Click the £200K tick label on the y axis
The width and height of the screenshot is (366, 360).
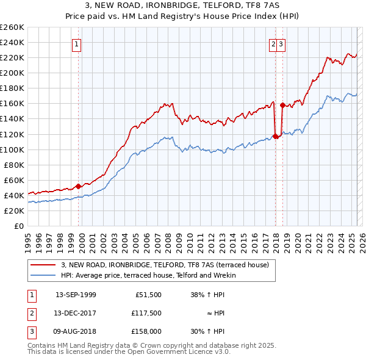tap(12, 73)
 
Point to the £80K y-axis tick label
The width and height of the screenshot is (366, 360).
tap(14, 165)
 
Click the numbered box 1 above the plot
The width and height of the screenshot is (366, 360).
tap(77, 44)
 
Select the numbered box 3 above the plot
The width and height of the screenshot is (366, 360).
tap(281, 44)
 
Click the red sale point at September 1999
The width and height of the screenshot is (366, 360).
tap(78, 186)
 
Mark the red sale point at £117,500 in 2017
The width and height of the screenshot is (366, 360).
tap(275, 136)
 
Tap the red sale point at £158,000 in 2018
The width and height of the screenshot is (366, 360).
tap(282, 105)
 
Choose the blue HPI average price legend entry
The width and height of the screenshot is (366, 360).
tap(152, 275)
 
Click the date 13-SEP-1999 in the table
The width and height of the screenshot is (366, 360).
tap(76, 294)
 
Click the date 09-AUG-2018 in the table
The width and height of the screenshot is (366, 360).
tap(76, 331)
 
